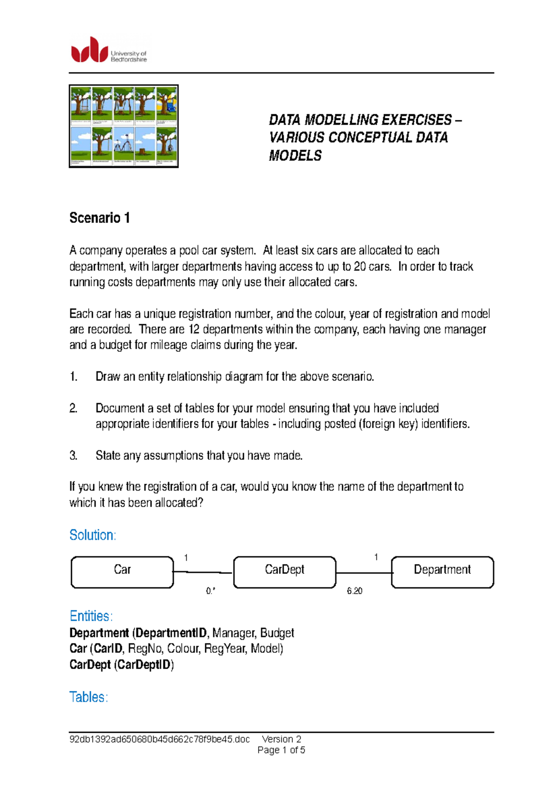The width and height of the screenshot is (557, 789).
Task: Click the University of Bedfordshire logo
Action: (x=109, y=50)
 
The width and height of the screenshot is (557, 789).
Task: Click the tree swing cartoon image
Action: (x=123, y=126)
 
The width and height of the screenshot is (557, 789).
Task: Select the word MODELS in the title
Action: (x=295, y=156)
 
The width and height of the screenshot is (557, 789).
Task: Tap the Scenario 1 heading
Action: (x=99, y=217)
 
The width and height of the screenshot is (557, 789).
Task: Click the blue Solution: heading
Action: (x=92, y=535)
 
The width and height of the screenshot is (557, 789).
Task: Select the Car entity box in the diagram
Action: (x=122, y=572)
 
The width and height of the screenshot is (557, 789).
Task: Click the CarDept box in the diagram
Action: (x=285, y=572)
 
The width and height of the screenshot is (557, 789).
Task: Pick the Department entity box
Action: (x=442, y=572)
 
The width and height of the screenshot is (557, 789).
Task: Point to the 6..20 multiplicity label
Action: (x=355, y=591)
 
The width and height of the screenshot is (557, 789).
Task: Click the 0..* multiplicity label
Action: (x=211, y=591)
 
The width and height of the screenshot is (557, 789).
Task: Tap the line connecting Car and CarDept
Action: (x=203, y=572)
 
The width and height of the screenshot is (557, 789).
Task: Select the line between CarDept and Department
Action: (x=363, y=573)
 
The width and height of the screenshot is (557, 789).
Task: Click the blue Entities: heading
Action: (x=91, y=616)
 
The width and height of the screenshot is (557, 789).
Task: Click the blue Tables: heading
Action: (x=88, y=697)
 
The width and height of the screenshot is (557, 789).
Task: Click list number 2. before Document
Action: (x=73, y=408)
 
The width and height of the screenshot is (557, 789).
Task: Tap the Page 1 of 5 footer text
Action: (x=281, y=750)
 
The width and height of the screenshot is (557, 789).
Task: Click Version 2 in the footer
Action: (x=281, y=739)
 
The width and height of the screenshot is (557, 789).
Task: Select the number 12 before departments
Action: (x=193, y=329)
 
